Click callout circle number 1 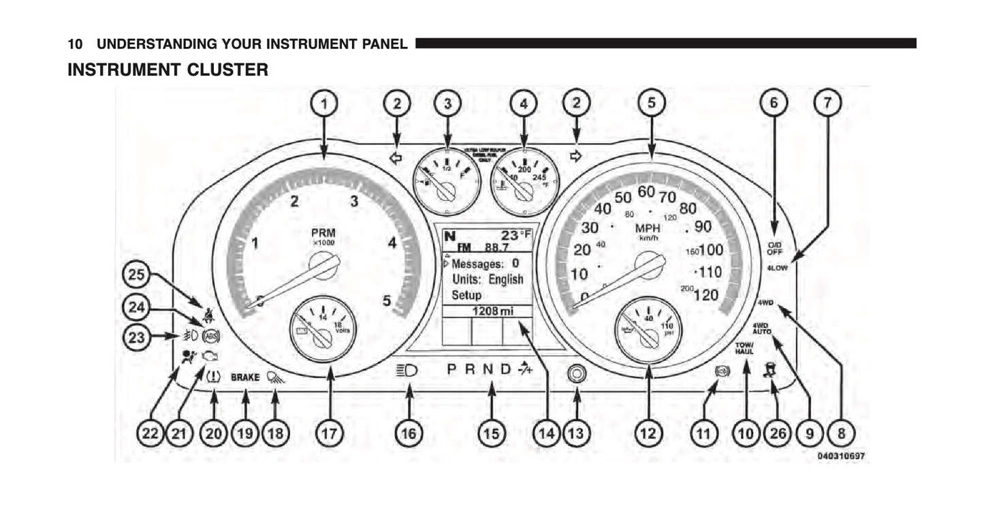324,104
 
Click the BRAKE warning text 245,377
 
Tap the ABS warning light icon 211,335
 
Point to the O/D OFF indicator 774,247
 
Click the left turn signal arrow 395,158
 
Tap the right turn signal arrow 576,156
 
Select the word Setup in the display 466,296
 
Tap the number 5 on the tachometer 387,300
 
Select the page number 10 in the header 75,45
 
